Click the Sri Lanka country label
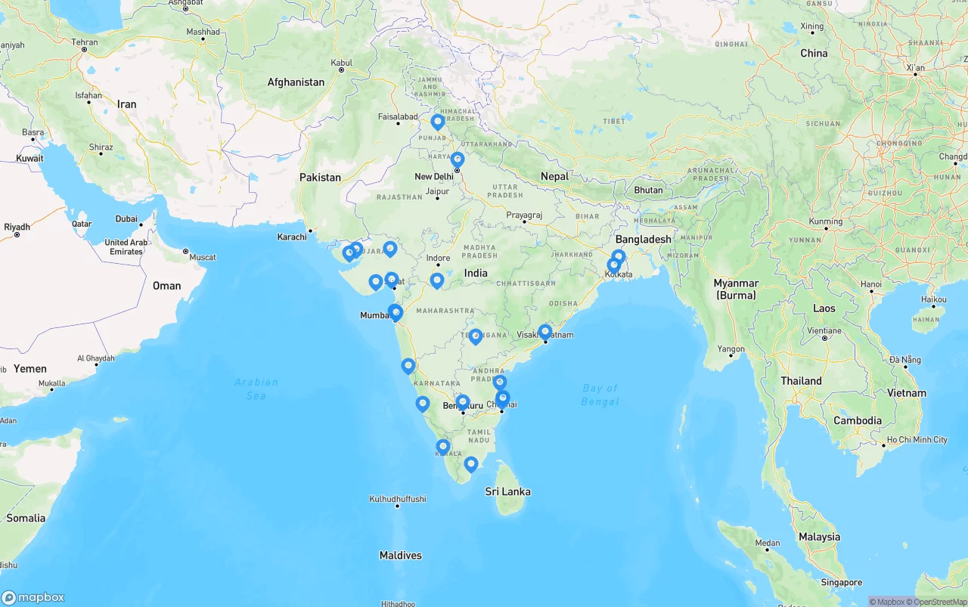click(x=507, y=492)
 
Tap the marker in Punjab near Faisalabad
click(x=438, y=122)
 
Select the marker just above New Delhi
click(x=458, y=160)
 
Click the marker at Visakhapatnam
click(x=545, y=332)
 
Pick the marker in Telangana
click(x=476, y=336)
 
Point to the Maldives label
click(x=400, y=556)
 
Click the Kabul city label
click(x=341, y=63)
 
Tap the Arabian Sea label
click(x=256, y=389)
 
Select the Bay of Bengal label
click(x=600, y=395)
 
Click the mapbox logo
click(x=33, y=597)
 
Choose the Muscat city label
click(x=202, y=257)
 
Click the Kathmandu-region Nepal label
click(x=554, y=176)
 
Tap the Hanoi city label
click(x=870, y=284)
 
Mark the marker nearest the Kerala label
click(x=443, y=448)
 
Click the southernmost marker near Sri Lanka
click(x=471, y=464)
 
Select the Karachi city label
click(x=292, y=237)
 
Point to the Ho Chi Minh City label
click(x=917, y=440)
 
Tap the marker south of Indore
click(x=437, y=281)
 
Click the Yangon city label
click(x=731, y=349)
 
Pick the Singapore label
click(x=842, y=583)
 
